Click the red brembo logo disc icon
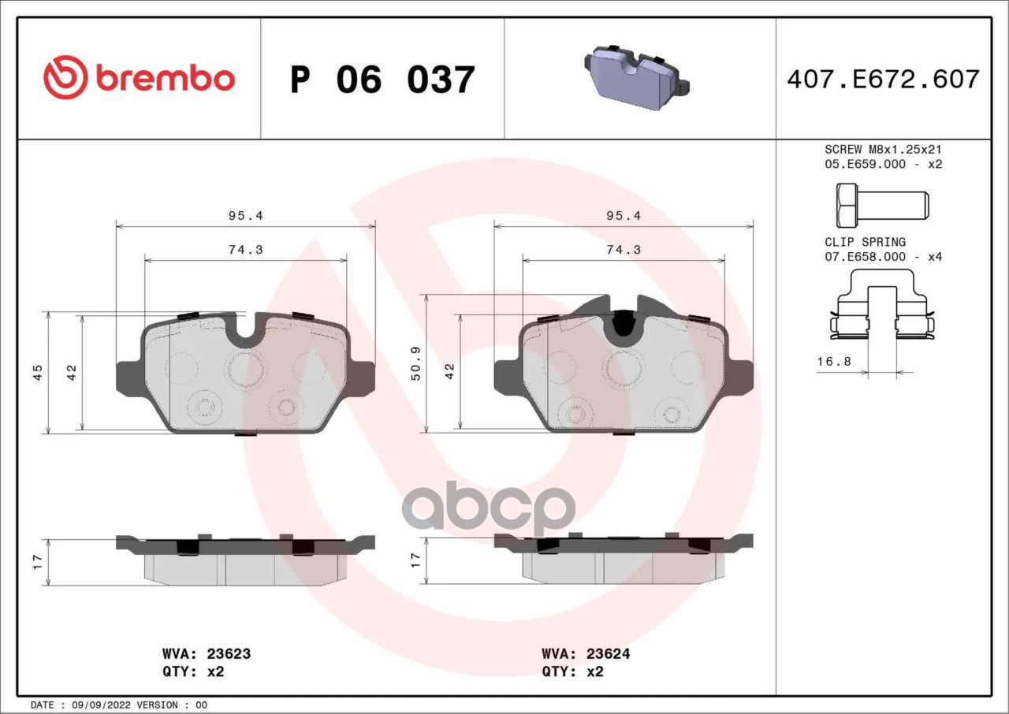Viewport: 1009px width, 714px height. point(65,77)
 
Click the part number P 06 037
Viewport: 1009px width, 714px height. point(382,80)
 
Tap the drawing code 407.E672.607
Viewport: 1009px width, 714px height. point(884,80)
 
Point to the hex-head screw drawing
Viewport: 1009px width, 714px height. point(882,205)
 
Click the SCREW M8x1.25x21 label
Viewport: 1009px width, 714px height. point(884,149)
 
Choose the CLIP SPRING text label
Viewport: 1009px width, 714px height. point(865,242)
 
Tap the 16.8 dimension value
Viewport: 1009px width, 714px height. point(834,361)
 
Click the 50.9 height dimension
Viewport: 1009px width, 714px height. point(415,364)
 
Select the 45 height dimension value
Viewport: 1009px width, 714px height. point(37,372)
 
